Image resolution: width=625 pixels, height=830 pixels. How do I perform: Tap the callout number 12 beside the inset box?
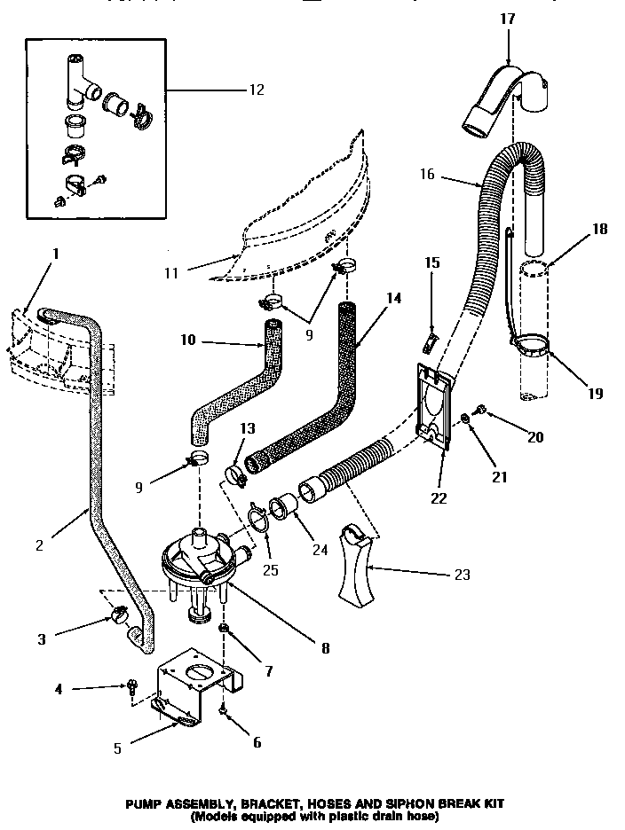point(256,90)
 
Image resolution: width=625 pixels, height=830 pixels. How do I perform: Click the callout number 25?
point(270,569)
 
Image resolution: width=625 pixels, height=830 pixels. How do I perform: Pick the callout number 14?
point(393,299)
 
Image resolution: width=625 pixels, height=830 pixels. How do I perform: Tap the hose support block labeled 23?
point(360,568)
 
